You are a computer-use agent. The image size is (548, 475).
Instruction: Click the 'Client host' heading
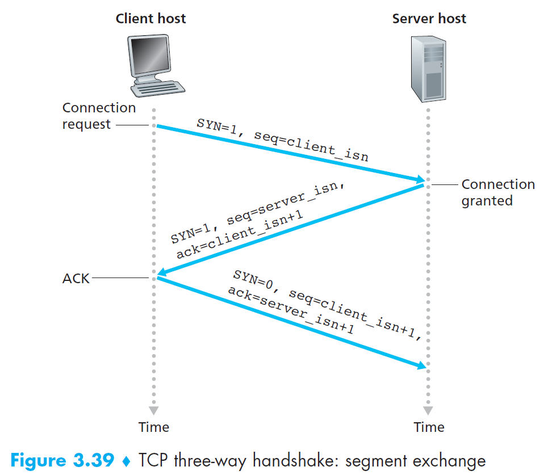(150, 18)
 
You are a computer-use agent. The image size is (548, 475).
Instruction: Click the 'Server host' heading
(429, 18)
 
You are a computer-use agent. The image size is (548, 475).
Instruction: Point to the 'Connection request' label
(99, 116)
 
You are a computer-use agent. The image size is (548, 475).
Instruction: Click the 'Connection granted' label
(498, 192)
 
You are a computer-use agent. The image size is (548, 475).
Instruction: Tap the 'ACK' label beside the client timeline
(76, 279)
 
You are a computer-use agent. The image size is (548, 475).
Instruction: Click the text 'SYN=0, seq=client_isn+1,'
(328, 305)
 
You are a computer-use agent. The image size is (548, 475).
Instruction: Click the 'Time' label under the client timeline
(154, 427)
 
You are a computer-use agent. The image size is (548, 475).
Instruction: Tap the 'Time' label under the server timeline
(429, 427)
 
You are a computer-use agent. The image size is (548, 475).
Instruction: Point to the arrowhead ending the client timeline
(153, 410)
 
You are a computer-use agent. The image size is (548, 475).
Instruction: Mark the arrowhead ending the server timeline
(428, 410)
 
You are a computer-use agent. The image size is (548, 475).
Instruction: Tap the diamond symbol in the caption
(127, 461)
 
